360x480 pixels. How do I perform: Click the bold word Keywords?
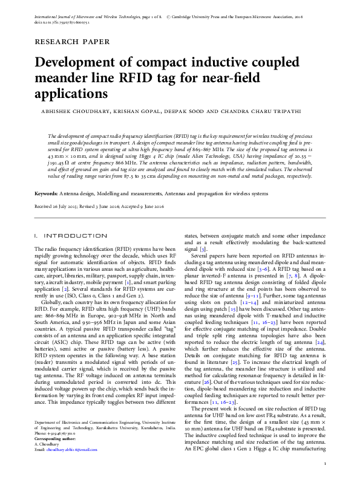click(x=46, y=193)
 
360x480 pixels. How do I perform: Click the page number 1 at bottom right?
click(x=326, y=464)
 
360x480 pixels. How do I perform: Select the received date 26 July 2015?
click(x=70, y=206)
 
